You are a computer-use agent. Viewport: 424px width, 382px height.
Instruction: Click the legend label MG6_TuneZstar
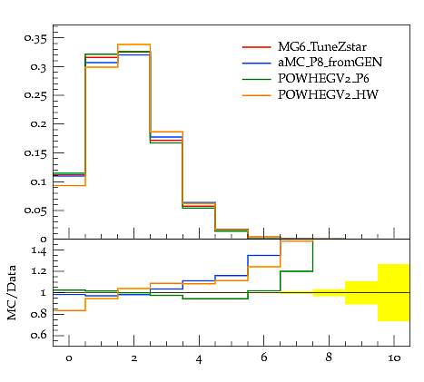[322, 47]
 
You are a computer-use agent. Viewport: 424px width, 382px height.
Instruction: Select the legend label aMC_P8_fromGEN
[330, 63]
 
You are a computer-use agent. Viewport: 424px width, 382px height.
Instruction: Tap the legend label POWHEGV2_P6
[323, 79]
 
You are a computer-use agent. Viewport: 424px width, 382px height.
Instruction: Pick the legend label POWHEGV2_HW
[328, 95]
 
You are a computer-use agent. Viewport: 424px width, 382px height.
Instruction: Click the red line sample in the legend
[256, 47]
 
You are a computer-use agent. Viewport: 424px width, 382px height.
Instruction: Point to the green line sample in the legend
[256, 79]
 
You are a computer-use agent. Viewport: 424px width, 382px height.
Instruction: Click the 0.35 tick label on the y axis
[35, 39]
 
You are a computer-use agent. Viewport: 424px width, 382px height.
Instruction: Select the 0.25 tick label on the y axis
[35, 95]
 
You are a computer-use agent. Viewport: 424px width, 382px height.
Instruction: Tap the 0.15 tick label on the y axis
[35, 153]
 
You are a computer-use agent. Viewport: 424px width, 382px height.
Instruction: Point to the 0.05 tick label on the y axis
[35, 211]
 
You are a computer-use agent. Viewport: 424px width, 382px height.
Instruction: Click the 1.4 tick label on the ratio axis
[39, 250]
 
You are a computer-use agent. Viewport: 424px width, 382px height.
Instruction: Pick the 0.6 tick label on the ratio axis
[39, 335]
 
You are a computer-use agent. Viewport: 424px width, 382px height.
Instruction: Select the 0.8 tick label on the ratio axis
[39, 314]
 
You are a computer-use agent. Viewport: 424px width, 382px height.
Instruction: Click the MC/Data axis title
[12, 293]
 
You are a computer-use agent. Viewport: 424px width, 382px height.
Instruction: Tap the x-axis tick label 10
[394, 358]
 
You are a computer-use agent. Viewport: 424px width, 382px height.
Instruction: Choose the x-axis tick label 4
[199, 359]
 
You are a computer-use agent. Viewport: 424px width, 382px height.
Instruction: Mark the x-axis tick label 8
[329, 358]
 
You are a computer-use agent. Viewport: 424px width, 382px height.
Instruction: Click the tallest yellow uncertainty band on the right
[393, 293]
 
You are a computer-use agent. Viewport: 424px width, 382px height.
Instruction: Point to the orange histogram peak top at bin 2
[134, 44]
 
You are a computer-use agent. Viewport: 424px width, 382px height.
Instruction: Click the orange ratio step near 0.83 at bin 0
[69, 310]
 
